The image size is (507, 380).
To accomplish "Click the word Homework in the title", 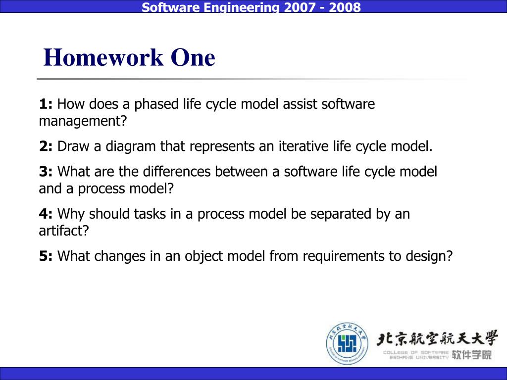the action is [103, 57].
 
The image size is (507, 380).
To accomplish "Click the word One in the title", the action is [193, 57].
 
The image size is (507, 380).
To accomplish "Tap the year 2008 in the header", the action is [345, 7].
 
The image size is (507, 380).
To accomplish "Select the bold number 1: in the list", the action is [46, 104].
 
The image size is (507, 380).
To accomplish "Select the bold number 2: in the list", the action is [46, 146].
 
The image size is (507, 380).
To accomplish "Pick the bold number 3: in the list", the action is [46, 172].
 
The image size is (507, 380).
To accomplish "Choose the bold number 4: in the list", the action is [46, 214].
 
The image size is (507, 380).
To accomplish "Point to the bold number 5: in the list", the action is [46, 256].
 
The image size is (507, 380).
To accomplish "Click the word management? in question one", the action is [83, 122].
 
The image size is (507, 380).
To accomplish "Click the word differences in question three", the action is [177, 171].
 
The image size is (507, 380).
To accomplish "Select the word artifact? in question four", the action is [64, 231].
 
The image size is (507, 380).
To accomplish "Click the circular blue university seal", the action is [347, 343].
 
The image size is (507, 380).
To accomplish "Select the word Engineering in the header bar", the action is [241, 7].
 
